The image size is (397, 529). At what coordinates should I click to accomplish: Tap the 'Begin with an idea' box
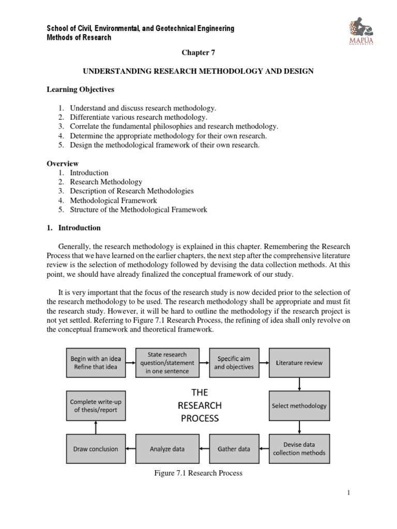coord(94,362)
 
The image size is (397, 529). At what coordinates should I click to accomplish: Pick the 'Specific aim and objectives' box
coord(235,362)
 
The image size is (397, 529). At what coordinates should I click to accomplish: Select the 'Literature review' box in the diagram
coord(299,362)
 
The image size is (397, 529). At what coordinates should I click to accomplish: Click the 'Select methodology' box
coord(299,406)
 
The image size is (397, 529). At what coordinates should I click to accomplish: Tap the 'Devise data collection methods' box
coord(299,448)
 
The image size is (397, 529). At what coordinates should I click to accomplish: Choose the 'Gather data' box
coord(235,448)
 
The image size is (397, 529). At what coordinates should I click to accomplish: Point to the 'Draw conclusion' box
coord(94,448)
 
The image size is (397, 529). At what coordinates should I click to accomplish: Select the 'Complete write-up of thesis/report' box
coord(94,406)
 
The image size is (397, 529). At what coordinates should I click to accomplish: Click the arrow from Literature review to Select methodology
coord(299,384)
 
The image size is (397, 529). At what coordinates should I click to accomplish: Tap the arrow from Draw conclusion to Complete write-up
coord(94,427)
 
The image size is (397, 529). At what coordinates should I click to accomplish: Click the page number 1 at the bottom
coord(349,493)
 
